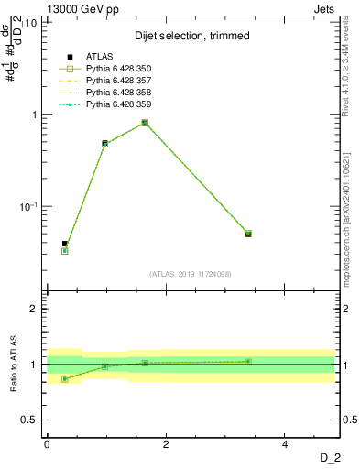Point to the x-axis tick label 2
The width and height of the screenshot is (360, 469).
pyautogui.click(x=166, y=444)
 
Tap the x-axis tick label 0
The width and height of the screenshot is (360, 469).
pyautogui.click(x=47, y=444)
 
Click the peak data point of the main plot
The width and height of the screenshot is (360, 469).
pyautogui.click(x=145, y=123)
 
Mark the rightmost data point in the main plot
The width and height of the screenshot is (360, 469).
pyautogui.click(x=247, y=234)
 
